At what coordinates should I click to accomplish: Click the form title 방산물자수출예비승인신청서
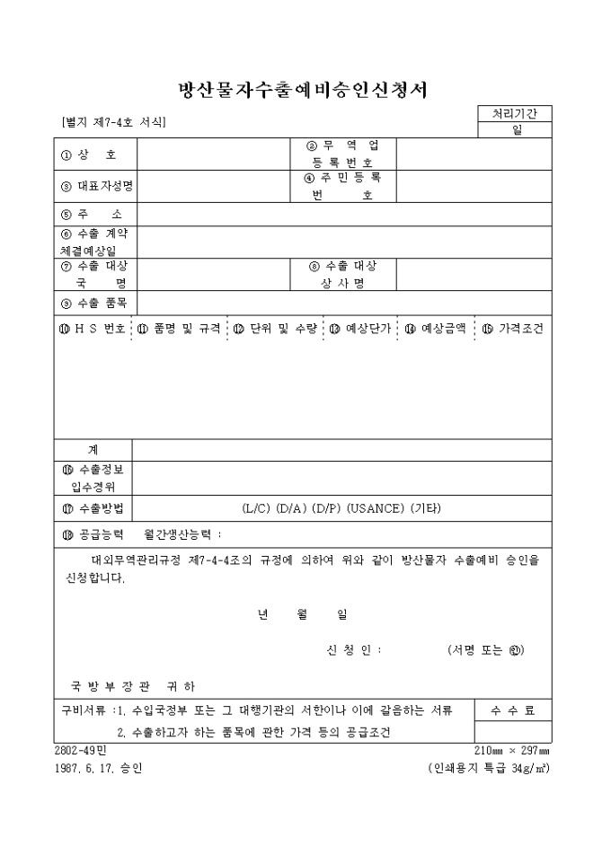(303, 90)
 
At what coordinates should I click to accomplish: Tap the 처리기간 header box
(515, 113)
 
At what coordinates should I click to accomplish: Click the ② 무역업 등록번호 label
(342, 154)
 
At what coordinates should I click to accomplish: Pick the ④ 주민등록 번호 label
(342, 186)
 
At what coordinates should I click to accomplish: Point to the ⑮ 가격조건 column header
(513, 329)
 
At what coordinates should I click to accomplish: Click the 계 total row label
(93, 449)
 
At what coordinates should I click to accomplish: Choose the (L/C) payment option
(259, 508)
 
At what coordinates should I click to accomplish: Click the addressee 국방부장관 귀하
(133, 686)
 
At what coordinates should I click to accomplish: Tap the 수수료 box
(513, 710)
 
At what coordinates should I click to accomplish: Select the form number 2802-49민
(81, 750)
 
